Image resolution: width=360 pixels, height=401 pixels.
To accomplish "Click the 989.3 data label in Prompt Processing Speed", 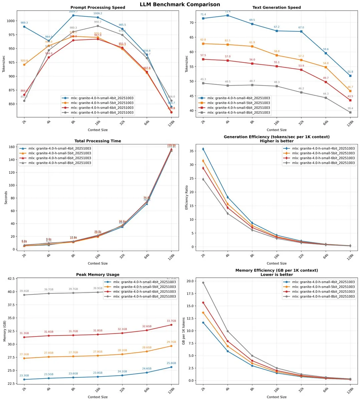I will point(24,23).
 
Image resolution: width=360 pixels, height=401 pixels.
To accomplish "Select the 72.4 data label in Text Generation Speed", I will point(228,11).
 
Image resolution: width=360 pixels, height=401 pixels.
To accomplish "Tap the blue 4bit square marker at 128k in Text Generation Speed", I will point(350,76).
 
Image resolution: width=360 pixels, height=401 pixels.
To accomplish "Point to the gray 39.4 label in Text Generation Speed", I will point(350,109).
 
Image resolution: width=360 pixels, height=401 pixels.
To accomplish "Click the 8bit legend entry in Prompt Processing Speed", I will point(97,113).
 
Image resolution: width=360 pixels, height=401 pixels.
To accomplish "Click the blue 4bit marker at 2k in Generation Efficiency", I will point(203,149).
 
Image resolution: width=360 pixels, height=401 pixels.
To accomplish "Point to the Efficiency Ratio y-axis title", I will point(187,197).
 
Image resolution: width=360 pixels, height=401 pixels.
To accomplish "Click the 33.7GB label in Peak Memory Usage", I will point(171,321).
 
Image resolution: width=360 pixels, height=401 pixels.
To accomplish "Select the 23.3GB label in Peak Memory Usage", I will point(24,376).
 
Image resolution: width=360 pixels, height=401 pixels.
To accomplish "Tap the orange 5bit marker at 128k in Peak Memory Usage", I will point(171,346).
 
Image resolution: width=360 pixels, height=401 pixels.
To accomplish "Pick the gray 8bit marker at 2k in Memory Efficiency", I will point(203,283).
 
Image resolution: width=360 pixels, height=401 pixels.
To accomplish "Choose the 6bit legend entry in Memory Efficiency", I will point(319,292).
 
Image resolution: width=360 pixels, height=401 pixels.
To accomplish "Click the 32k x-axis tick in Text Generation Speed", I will point(302,122).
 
